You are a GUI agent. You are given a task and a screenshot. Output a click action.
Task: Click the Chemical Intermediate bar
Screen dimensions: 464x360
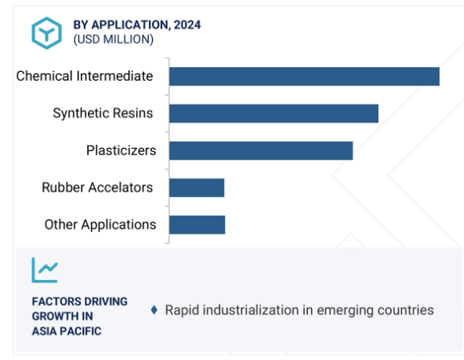coord(305,76)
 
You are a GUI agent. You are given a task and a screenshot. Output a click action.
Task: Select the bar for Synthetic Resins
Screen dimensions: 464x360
coord(274,114)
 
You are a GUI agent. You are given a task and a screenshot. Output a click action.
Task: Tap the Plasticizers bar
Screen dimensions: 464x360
coord(261,150)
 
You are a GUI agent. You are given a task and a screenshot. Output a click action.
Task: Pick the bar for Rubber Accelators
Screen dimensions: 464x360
coord(197,187)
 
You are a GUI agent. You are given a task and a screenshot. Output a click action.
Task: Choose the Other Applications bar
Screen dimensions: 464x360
coord(197,225)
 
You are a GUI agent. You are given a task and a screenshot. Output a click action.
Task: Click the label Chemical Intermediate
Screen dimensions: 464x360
coord(85,76)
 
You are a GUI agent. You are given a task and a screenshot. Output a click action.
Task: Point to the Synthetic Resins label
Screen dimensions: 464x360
coord(102,114)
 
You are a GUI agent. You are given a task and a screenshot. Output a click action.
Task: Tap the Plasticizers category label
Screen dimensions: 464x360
coord(121,150)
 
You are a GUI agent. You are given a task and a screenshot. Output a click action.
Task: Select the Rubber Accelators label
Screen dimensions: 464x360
coord(98,187)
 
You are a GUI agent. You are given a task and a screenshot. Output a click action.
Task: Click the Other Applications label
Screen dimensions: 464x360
coord(100,225)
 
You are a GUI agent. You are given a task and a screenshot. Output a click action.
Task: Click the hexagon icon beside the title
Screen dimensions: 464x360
coord(46,33)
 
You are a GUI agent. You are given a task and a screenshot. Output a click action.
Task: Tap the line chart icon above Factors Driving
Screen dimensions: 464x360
coord(45,270)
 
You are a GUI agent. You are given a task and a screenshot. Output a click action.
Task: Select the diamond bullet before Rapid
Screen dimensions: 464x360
coord(154,310)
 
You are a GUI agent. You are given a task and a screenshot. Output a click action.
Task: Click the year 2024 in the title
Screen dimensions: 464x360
coord(187,25)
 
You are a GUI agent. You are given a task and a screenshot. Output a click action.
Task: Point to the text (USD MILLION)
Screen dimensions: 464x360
coord(114,40)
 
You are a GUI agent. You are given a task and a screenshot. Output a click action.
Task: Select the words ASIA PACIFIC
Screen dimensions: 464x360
coord(66,331)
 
